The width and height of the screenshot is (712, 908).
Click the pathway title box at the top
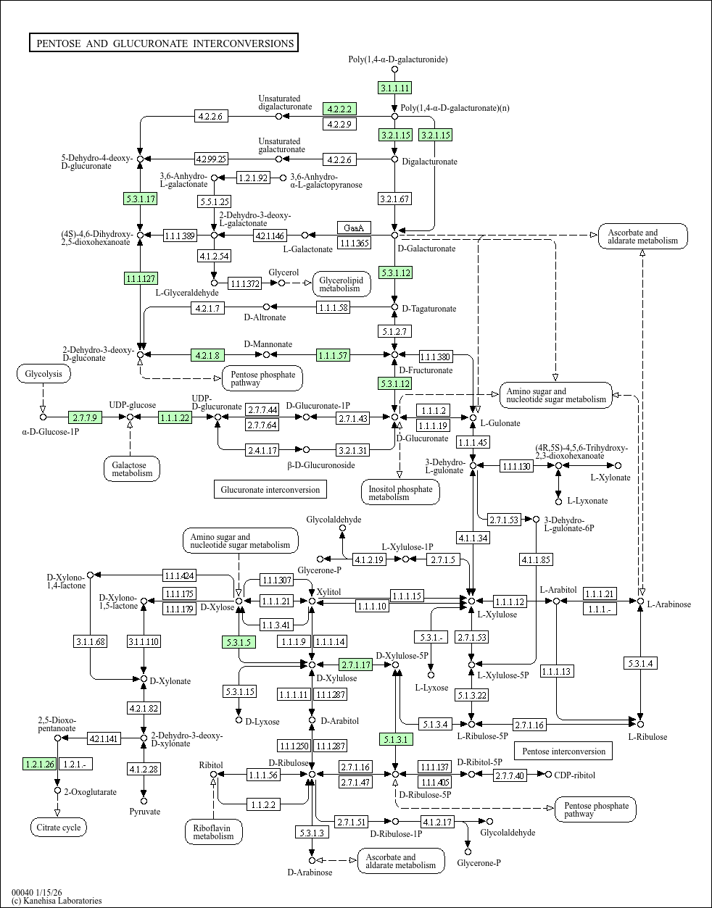point(165,43)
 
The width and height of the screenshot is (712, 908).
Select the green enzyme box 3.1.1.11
point(395,88)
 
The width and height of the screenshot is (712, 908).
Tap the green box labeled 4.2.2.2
point(339,109)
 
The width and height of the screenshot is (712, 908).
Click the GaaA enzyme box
point(355,228)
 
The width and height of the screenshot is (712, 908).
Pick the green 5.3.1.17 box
point(141,199)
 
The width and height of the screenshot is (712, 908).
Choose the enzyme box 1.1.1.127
point(141,278)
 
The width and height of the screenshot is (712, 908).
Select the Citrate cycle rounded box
point(58,827)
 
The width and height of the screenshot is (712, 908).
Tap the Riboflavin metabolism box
point(213,832)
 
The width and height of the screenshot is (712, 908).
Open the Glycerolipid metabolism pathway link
point(341,284)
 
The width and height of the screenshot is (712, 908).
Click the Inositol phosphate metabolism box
point(400,493)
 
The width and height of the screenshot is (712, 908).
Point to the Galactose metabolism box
point(131,469)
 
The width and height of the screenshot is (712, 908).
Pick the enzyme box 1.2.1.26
point(39,764)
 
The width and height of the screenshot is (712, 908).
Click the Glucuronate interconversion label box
point(270,489)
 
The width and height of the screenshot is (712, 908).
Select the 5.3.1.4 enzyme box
point(640,663)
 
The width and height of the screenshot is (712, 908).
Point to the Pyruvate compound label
point(144,812)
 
